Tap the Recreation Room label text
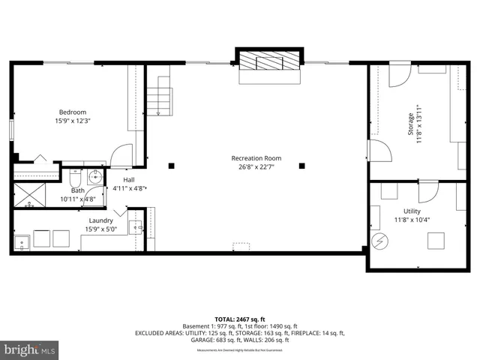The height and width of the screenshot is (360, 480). [256, 158]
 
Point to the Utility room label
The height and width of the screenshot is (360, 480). [412, 211]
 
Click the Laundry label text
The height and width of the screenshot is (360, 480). [100, 220]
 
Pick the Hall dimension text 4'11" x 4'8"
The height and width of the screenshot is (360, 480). [129, 189]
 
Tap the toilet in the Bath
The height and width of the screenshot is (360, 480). [76, 180]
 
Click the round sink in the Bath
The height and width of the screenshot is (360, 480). [94, 178]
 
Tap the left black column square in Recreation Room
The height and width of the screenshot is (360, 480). [172, 166]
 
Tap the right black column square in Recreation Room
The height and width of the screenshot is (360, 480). [302, 166]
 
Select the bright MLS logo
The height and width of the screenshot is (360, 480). [29, 349]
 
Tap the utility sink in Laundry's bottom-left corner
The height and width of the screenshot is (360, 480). [22, 241]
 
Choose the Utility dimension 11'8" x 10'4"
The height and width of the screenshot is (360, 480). [412, 220]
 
